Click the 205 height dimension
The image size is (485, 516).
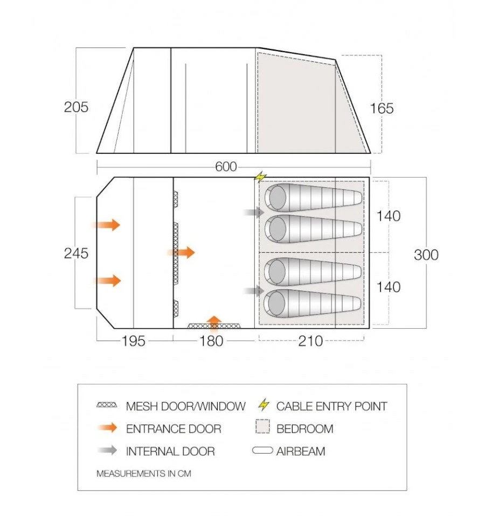point(76,107)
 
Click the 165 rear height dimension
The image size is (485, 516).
point(382,109)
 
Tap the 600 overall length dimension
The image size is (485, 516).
point(226,167)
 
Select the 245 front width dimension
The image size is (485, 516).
point(76,253)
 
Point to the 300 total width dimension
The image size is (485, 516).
point(426,255)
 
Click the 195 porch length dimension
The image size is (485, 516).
point(134,341)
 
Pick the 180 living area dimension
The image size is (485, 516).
point(212,341)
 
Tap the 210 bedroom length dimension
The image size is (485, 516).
point(311,341)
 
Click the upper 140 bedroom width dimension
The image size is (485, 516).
point(389,216)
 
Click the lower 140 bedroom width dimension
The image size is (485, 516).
point(389,287)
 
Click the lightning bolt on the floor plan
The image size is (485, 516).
point(261,176)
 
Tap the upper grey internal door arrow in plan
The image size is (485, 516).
point(254,213)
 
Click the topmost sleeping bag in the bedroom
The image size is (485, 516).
point(313,197)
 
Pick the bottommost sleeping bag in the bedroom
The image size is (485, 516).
point(313,303)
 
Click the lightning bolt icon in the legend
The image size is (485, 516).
point(264,405)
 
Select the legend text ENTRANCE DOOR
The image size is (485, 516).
point(174,429)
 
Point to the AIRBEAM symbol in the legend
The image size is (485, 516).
point(262,450)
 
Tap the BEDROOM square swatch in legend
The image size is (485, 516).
point(262,427)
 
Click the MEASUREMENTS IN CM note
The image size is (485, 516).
point(144,473)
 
